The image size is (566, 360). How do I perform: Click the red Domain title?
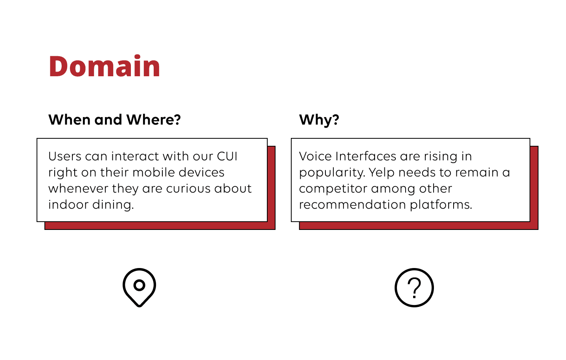coord(104,66)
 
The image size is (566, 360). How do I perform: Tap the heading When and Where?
coord(114,119)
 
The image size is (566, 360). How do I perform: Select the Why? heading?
coord(319,119)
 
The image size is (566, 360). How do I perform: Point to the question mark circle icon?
coord(414,288)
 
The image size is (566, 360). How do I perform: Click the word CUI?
coord(227,156)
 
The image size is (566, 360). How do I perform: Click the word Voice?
coord(315,156)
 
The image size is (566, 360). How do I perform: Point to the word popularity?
coord(332,173)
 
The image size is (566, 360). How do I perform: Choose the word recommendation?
coord(353,205)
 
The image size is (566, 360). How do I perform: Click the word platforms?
coord(441,205)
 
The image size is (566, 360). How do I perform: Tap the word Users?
coord(65,156)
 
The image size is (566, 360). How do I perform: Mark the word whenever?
coord(78,189)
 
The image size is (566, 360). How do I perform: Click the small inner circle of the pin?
coord(139,285)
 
